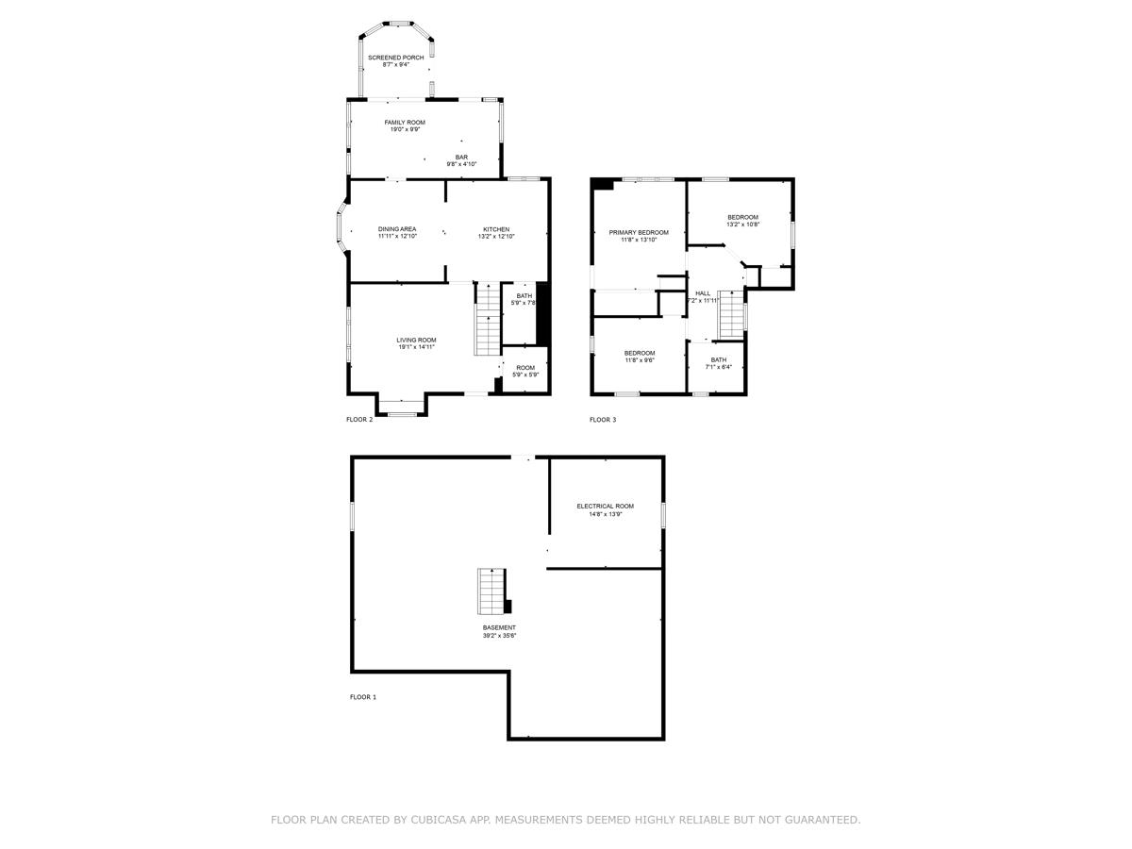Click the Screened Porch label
point(395,58)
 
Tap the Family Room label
point(405,123)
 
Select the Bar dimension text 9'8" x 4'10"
point(461,164)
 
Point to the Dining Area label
point(397,229)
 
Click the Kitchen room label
point(496,229)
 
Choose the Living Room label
point(416,340)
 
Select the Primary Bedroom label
point(639,232)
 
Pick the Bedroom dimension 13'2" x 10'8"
point(742,225)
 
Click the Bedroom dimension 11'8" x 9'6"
point(640,360)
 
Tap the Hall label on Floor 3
point(703,293)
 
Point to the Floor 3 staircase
point(732,314)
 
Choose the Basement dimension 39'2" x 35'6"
point(499,636)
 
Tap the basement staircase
point(491,591)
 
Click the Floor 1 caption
point(362,697)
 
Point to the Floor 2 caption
point(359,420)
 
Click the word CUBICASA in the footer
point(442,820)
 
